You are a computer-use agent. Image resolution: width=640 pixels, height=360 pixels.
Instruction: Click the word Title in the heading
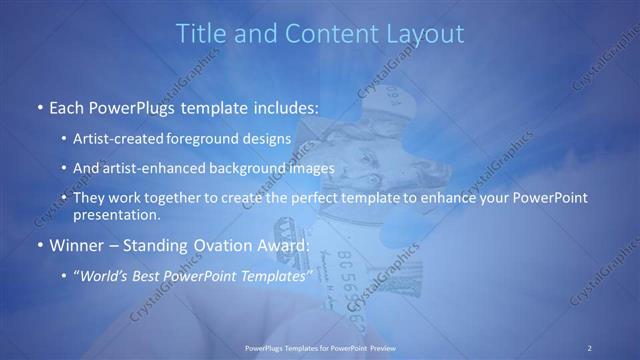(201, 33)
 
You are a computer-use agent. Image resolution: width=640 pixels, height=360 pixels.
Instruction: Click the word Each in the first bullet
(67, 107)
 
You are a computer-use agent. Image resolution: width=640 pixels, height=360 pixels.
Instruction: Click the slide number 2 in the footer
(590, 347)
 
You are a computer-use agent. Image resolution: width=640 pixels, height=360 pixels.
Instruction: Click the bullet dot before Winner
(38, 246)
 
